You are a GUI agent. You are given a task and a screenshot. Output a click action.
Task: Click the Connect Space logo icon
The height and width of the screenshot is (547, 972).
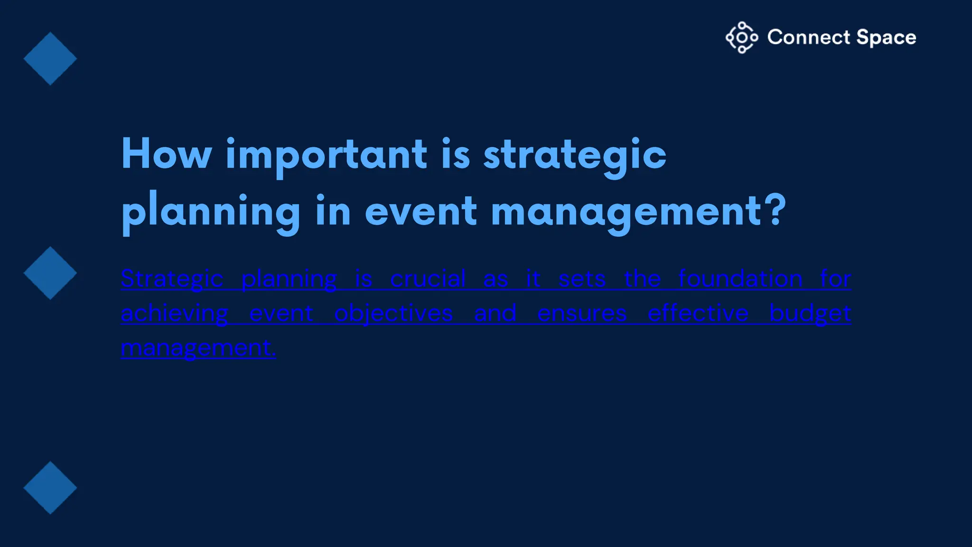(742, 38)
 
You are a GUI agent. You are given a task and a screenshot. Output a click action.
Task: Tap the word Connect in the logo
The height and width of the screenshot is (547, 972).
(808, 38)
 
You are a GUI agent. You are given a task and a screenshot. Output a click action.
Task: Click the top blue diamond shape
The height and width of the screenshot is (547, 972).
(50, 59)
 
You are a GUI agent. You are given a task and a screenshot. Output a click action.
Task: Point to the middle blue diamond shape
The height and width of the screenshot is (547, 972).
(50, 273)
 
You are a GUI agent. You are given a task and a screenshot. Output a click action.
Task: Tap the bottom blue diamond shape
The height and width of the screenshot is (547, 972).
(50, 488)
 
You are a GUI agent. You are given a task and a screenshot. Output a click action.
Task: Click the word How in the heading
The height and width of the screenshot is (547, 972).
(166, 154)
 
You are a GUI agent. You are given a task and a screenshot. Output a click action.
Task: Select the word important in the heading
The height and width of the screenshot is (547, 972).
(326, 155)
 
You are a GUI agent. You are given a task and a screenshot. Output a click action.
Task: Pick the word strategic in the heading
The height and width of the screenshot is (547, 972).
(575, 155)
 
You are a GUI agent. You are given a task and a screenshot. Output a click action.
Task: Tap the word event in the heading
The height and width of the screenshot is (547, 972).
(421, 211)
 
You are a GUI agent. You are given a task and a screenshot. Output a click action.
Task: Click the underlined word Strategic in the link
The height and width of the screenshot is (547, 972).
(172, 279)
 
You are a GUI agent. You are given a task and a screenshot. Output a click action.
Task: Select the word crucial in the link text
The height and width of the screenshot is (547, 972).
(428, 279)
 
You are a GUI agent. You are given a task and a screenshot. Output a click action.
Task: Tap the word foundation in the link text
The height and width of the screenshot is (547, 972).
(740, 279)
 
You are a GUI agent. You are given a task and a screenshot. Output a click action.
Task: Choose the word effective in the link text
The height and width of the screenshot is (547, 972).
(698, 313)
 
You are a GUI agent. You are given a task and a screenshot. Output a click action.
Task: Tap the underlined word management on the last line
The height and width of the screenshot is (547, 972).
(197, 349)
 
